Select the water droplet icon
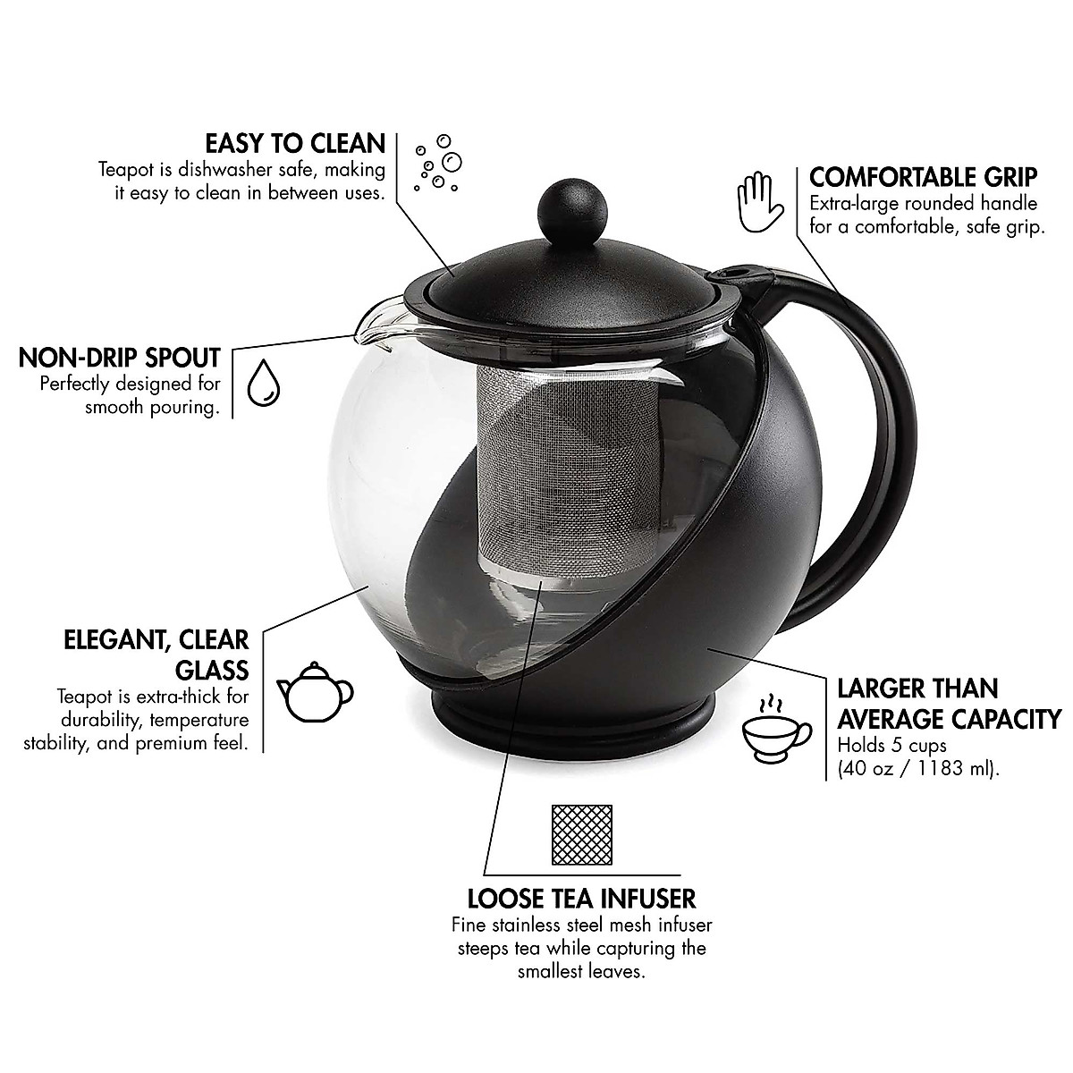click(263, 384)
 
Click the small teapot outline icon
click(316, 690)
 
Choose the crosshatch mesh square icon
click(582, 834)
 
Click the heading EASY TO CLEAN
click(295, 143)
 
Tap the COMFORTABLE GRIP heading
click(923, 175)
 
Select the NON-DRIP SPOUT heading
click(120, 359)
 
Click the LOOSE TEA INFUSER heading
click(582, 898)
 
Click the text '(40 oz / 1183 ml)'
click(917, 769)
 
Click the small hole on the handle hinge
click(738, 271)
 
